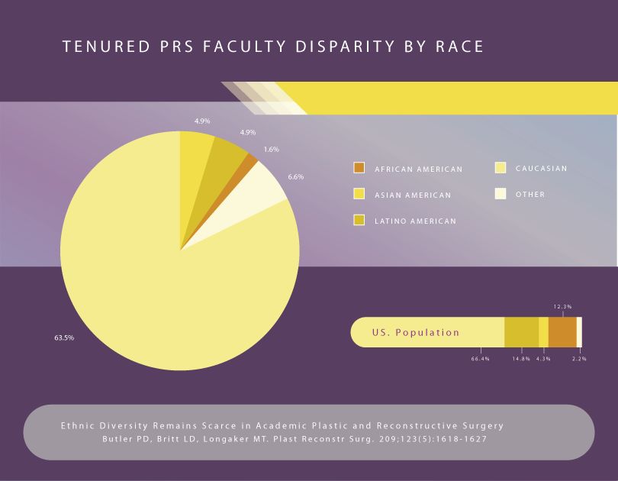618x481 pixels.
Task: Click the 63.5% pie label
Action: (x=64, y=337)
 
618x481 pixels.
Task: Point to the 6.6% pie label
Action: (x=296, y=177)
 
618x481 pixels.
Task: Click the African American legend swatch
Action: (x=359, y=168)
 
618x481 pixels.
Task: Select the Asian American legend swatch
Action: (x=359, y=194)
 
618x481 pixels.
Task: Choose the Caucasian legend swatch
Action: (x=501, y=168)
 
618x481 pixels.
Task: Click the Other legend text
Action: (x=530, y=195)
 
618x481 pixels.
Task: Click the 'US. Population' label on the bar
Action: (x=416, y=333)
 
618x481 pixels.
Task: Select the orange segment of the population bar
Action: (x=562, y=332)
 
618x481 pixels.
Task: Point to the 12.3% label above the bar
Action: (x=562, y=307)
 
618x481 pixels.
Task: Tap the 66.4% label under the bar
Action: (x=480, y=359)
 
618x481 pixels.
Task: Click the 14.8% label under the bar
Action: (x=521, y=359)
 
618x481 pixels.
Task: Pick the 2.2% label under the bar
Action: (x=580, y=359)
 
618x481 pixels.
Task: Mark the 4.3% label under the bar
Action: (x=543, y=359)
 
